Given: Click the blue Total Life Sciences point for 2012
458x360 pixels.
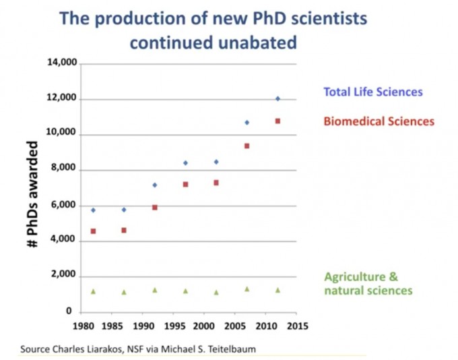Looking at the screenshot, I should [x=277, y=98].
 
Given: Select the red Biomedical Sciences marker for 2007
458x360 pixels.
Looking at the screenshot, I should [x=247, y=146].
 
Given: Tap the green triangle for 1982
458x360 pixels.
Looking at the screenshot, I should [x=93, y=291].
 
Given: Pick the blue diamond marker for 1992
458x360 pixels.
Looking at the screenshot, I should [x=154, y=185].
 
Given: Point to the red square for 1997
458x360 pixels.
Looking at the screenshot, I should [x=185, y=184].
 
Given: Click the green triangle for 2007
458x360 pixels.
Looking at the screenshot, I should [x=247, y=289].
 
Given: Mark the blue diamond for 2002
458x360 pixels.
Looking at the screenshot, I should [x=216, y=162].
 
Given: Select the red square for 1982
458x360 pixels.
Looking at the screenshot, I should [x=93, y=231].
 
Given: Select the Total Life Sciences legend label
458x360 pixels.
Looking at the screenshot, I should [x=373, y=92].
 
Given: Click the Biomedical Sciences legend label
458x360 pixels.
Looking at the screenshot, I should [x=379, y=122].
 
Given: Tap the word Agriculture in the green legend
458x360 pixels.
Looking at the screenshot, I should [x=352, y=277].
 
